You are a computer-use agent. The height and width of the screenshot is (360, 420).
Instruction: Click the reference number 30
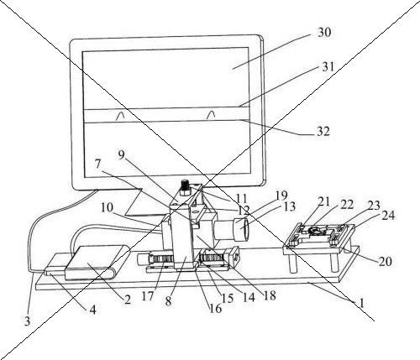[x=324, y=33]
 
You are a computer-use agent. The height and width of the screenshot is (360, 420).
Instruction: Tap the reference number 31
[x=328, y=67]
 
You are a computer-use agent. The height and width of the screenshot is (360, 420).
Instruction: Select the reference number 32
[x=323, y=131]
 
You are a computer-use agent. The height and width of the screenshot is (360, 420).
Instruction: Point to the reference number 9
[x=121, y=154]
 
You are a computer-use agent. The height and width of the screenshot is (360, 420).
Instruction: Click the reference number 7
[x=97, y=164]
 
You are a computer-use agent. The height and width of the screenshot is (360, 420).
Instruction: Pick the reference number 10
[x=107, y=207]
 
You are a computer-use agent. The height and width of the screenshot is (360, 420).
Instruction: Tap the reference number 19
[x=281, y=196]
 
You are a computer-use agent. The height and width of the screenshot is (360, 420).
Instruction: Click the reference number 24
[x=388, y=216]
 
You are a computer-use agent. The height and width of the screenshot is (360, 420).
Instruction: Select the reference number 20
[x=386, y=261]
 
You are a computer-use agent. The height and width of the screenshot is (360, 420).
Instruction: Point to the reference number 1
[x=361, y=303]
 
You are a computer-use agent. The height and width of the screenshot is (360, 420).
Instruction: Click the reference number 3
[x=27, y=321]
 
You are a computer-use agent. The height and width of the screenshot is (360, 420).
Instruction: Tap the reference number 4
[x=92, y=310]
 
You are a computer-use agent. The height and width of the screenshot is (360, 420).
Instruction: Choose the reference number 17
[x=148, y=296]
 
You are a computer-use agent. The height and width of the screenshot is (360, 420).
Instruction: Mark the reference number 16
[x=216, y=308]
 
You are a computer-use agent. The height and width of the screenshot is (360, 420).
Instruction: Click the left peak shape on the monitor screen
[x=120, y=116]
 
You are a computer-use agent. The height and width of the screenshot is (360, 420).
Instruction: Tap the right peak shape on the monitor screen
[x=211, y=115]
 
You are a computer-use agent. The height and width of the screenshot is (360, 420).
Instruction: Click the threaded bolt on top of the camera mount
[x=186, y=186]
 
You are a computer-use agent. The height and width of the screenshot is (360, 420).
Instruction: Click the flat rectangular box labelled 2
[x=97, y=262]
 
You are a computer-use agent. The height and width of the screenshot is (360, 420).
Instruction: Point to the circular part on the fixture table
[x=315, y=231]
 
